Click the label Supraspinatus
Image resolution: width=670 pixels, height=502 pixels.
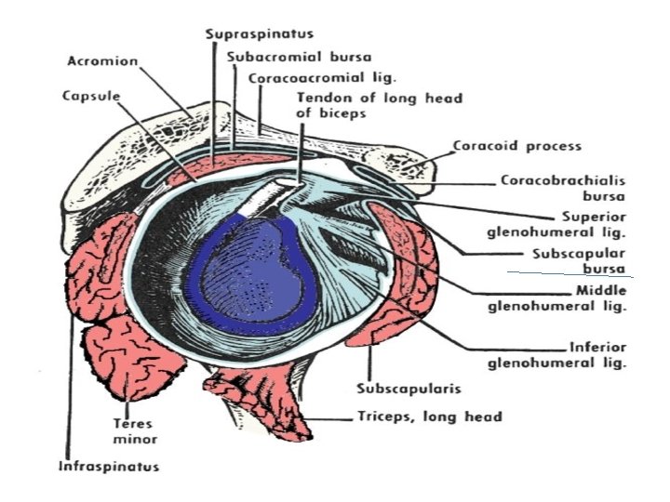click(260, 34)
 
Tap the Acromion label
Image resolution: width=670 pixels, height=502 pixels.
click(102, 61)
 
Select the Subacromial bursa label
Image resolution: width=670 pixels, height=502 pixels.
click(299, 57)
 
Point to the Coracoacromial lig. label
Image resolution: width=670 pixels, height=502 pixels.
click(323, 78)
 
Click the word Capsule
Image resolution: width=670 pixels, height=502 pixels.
click(91, 96)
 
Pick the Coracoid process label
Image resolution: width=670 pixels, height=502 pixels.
click(517, 146)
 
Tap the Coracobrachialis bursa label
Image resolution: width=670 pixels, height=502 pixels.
click(563, 188)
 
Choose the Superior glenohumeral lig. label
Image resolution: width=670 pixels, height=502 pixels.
click(556, 225)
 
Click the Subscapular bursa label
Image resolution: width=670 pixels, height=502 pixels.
click(579, 261)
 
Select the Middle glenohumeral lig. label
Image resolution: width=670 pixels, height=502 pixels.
click(557, 298)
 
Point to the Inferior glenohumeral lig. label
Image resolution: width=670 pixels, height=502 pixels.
click(557, 355)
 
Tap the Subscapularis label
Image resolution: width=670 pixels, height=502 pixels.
click(409, 389)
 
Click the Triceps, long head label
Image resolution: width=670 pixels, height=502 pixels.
click(430, 416)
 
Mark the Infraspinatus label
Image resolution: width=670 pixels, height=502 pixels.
click(109, 466)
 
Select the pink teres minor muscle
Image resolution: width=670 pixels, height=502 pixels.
click(132, 359)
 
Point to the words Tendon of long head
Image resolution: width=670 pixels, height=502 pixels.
click(380, 99)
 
